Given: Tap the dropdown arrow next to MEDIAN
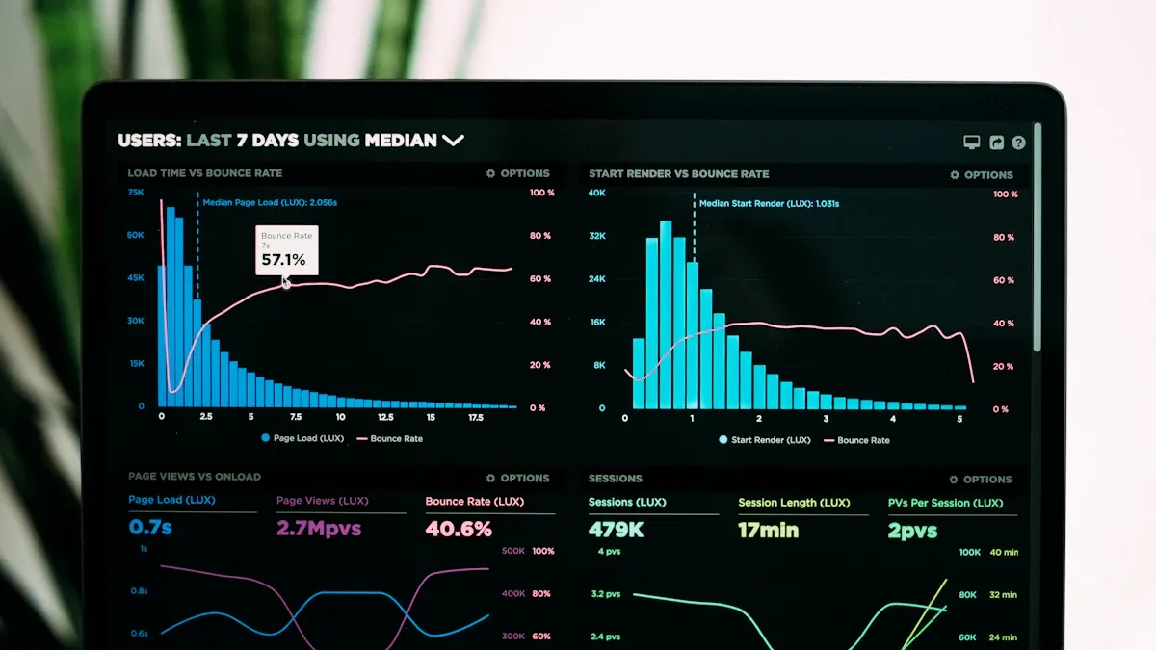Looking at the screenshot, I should pos(453,141).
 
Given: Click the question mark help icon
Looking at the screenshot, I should pos(1018,143).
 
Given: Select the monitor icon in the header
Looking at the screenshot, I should pos(972,143).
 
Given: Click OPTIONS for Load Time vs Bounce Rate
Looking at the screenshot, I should pos(518,173).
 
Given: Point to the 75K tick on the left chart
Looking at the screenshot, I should pos(136,193).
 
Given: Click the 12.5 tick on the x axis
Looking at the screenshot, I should pos(385,417).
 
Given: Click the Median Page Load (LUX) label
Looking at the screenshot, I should pos(270,203).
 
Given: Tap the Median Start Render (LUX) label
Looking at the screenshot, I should pos(769,204).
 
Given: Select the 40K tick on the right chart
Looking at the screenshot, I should pos(597,194).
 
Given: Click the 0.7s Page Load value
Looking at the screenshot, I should pos(150,528).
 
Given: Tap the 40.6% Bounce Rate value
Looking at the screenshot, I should pos(459,529).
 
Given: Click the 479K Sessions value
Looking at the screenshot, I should pos(617,530).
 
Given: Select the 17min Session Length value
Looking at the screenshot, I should pos(769,530).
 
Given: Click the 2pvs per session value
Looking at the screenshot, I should pos(912,531).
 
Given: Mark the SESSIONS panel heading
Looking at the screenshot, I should pos(616,478).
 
